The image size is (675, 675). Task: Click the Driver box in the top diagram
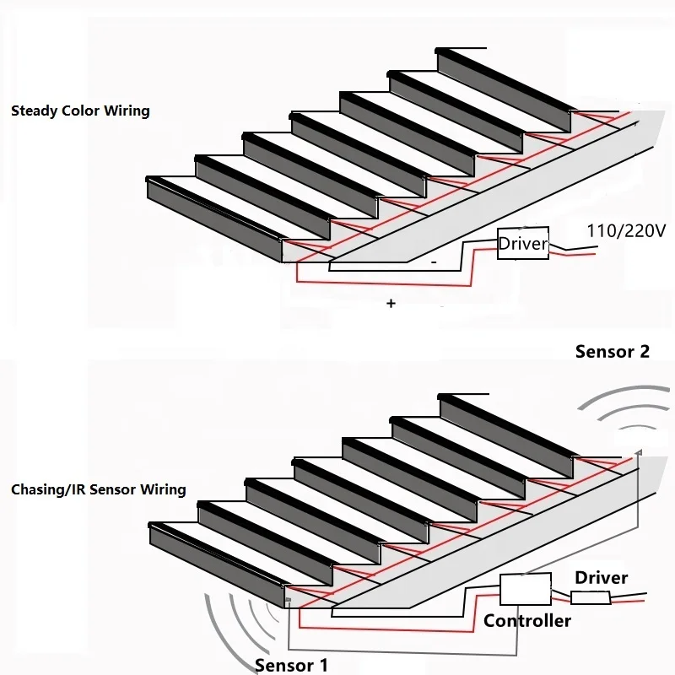point(523,244)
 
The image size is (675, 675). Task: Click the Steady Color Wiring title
point(80,111)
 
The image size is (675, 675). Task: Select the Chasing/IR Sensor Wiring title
point(99,489)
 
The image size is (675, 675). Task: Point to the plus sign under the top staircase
point(391,303)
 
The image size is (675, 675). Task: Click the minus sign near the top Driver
point(433,263)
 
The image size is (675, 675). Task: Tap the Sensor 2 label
point(612,352)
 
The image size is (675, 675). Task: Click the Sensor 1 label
point(291,666)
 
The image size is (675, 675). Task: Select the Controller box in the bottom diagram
point(525,588)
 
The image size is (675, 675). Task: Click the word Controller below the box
point(527,621)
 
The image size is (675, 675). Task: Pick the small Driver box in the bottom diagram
point(591,598)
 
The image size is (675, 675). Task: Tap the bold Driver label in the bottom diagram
point(601,578)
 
